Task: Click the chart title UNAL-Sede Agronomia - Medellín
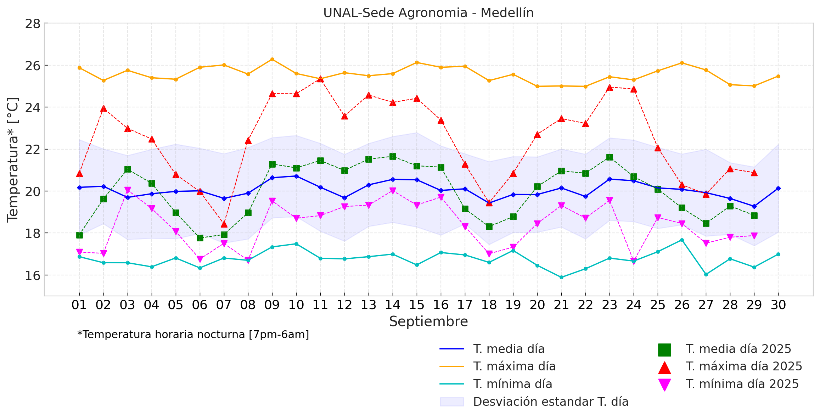[x=428, y=13]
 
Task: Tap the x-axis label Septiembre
[x=428, y=321]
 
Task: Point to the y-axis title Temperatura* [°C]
[x=13, y=159]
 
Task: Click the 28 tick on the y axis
[x=33, y=24]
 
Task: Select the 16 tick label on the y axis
[x=33, y=275]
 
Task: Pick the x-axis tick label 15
[x=416, y=305]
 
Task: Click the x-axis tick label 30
[x=778, y=305]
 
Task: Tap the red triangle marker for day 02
[x=103, y=108]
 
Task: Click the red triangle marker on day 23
[x=610, y=88]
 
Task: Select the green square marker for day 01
[x=79, y=235]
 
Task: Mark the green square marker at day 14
[x=393, y=156]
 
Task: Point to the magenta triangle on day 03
[x=128, y=190]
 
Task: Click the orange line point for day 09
[x=272, y=59]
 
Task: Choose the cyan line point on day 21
[x=561, y=277]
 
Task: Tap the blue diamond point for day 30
[x=778, y=188]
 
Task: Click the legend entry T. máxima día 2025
[x=743, y=366]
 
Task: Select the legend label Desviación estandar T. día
[x=550, y=402]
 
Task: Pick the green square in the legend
[x=664, y=349]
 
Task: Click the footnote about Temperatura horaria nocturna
[x=193, y=334]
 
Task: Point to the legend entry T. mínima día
[x=512, y=384]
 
